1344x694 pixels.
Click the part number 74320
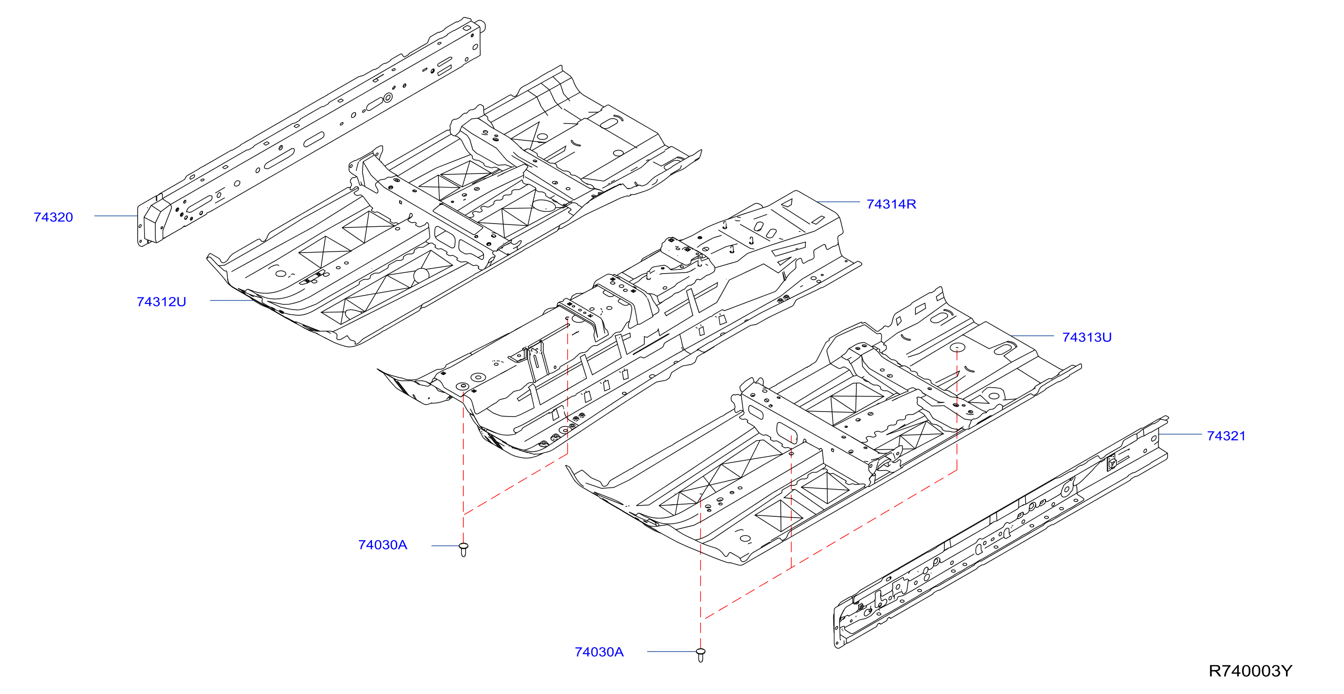tap(53, 217)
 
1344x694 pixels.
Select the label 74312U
tap(161, 302)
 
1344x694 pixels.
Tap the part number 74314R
tap(891, 204)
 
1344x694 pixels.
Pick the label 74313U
tap(1087, 337)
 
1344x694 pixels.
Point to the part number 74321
tap(1226, 436)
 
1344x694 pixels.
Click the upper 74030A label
tap(382, 545)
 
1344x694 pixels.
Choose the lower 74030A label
tap(599, 652)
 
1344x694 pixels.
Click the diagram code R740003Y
tap(1250, 671)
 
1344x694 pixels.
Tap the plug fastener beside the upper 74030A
tap(463, 549)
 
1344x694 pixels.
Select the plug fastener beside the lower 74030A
tap(701, 655)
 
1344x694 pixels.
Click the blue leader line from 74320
tap(116, 216)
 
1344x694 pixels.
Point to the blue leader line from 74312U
tap(232, 300)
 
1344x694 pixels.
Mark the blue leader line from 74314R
tap(839, 202)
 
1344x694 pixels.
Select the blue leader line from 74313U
tap(1032, 336)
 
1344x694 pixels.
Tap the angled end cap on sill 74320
tap(156, 222)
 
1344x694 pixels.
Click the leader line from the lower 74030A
tap(672, 651)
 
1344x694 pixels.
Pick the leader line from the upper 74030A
tap(445, 545)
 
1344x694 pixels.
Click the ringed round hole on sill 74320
tap(387, 97)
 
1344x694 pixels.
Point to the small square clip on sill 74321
tap(1112, 462)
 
